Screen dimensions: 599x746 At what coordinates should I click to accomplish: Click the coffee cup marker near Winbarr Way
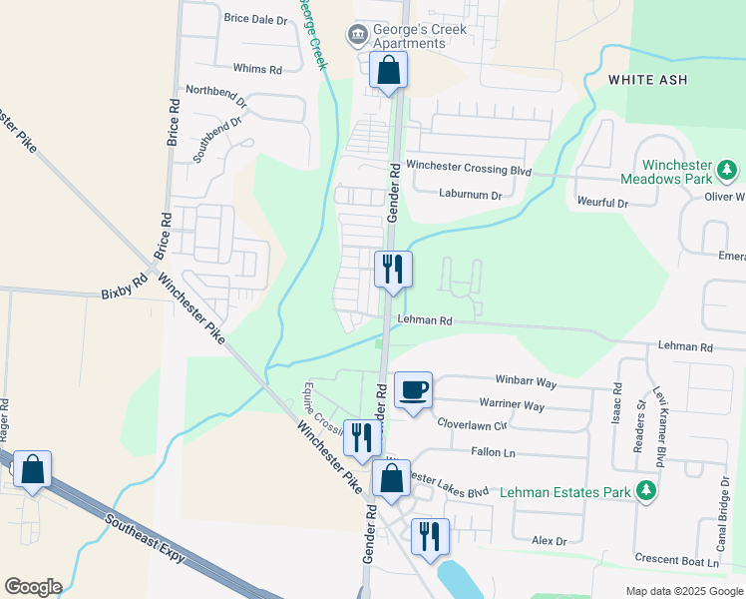[x=414, y=388]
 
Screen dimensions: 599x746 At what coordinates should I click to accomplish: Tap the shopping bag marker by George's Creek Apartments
[x=388, y=71]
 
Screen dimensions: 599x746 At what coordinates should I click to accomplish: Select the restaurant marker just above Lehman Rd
[x=392, y=269]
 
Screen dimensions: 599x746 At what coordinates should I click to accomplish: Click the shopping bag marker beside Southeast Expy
[x=32, y=469]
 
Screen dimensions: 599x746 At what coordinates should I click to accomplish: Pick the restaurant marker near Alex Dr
[x=430, y=535]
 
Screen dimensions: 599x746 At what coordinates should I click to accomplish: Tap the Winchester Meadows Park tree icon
[x=729, y=170]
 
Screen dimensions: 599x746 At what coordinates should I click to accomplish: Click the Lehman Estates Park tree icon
[x=646, y=491]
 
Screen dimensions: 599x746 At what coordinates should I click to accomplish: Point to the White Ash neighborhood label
[x=648, y=79]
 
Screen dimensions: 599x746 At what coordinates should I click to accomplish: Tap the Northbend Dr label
[x=214, y=90]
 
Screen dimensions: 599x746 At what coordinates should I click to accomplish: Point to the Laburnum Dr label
[x=470, y=196]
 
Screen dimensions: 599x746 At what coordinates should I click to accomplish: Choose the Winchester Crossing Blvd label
[x=468, y=169]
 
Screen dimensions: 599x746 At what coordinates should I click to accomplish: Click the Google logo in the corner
[x=33, y=587]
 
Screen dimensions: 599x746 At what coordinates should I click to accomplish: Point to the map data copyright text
[x=684, y=591]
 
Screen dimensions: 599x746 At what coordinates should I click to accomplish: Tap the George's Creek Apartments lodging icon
[x=357, y=36]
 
